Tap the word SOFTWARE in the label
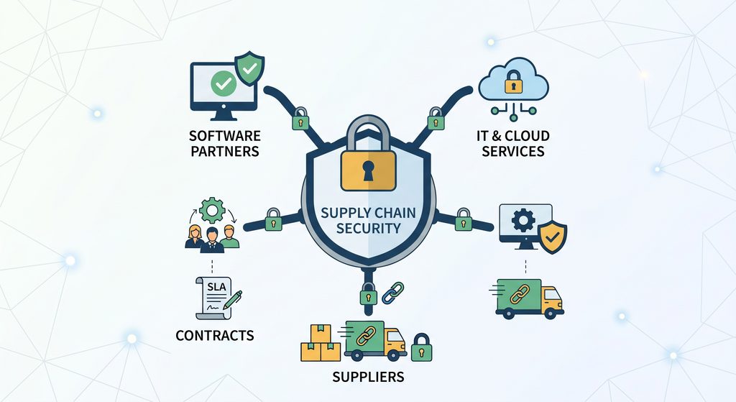[x=225, y=136]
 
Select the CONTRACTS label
[x=214, y=335]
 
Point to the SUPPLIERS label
[x=368, y=377]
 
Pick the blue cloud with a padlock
[x=513, y=80]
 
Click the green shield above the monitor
[x=249, y=68]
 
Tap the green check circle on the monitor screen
[x=224, y=83]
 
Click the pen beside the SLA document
[x=233, y=300]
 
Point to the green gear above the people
[x=212, y=210]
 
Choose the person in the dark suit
[x=212, y=240]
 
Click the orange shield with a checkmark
[x=552, y=237]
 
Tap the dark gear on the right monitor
[x=523, y=220]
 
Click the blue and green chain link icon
[x=393, y=293]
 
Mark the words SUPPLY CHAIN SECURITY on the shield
[x=368, y=220]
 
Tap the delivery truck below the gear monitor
[x=530, y=299]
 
